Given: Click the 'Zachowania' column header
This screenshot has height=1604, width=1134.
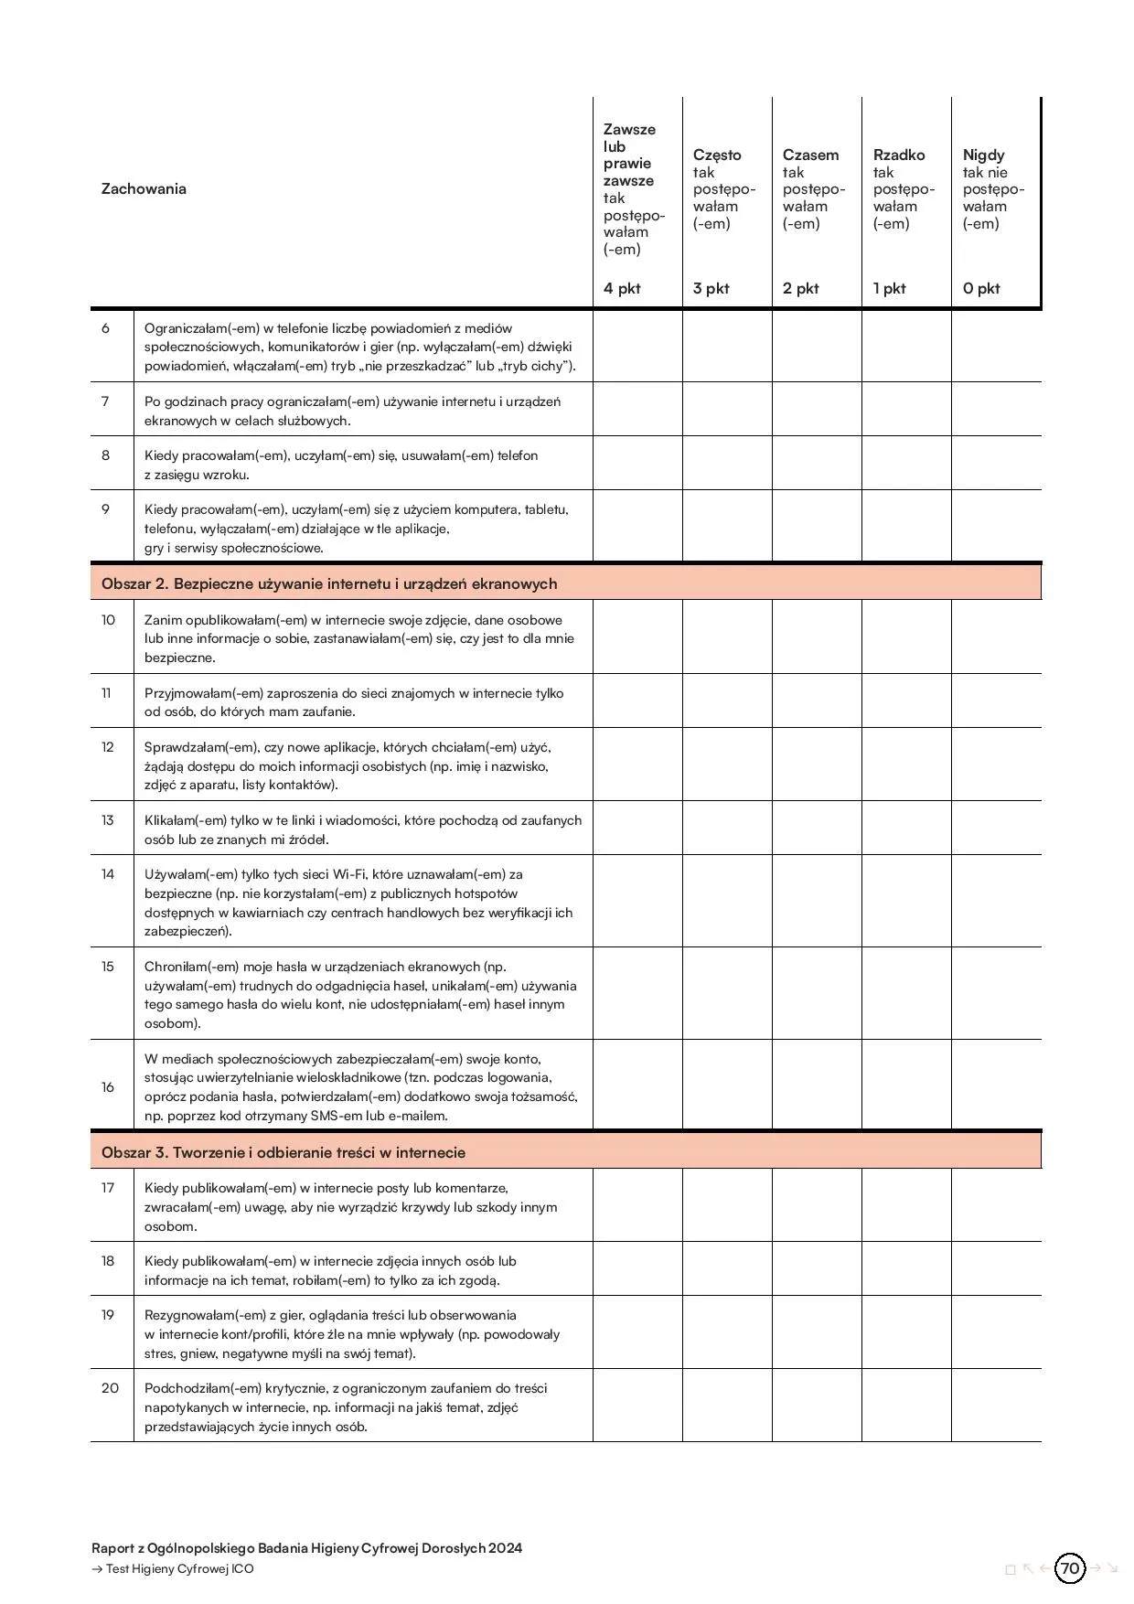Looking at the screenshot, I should point(144,189).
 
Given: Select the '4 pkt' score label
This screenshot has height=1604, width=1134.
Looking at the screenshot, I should point(622,289).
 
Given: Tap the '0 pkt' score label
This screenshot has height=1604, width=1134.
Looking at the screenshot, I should point(981,289).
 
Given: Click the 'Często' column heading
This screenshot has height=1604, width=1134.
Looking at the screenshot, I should point(717,155).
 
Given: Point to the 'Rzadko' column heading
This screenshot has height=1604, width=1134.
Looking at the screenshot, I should point(899,155).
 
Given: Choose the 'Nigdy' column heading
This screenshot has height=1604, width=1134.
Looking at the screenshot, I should point(983,155).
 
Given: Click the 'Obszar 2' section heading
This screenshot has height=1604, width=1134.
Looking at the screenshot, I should point(329,583).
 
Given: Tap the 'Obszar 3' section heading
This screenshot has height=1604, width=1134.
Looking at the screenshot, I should point(283,1152).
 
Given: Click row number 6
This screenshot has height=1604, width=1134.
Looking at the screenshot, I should point(106,328).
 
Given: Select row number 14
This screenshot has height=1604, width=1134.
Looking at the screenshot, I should point(108,874).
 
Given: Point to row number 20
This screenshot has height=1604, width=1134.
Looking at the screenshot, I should point(110,1388).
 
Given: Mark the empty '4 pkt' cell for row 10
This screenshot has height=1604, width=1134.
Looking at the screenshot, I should point(637,637).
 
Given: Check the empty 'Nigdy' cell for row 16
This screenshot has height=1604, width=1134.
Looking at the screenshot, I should point(996,1085).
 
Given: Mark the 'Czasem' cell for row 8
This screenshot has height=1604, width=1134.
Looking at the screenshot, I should point(817,464).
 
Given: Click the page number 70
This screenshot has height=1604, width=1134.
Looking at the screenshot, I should point(1069,1568).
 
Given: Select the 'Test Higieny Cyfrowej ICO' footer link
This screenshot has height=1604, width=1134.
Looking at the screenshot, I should point(179,1569).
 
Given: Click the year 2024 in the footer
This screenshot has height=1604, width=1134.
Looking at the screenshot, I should point(505,1548).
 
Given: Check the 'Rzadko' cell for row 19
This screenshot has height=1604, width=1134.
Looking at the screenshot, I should point(906,1332).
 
